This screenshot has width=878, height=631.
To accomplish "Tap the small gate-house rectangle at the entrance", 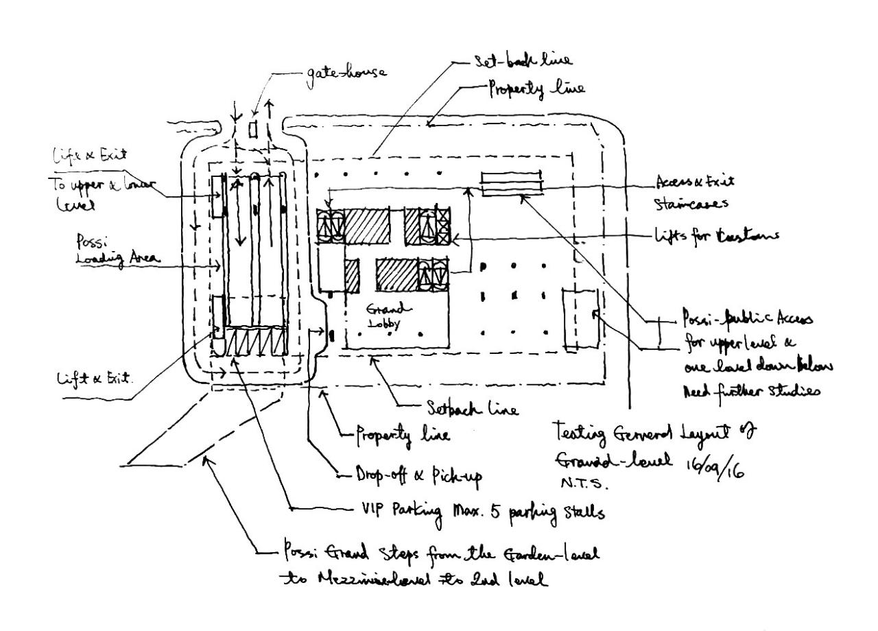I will pyautogui.click(x=252, y=128).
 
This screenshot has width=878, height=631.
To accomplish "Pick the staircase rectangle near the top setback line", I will pyautogui.click(x=512, y=184).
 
